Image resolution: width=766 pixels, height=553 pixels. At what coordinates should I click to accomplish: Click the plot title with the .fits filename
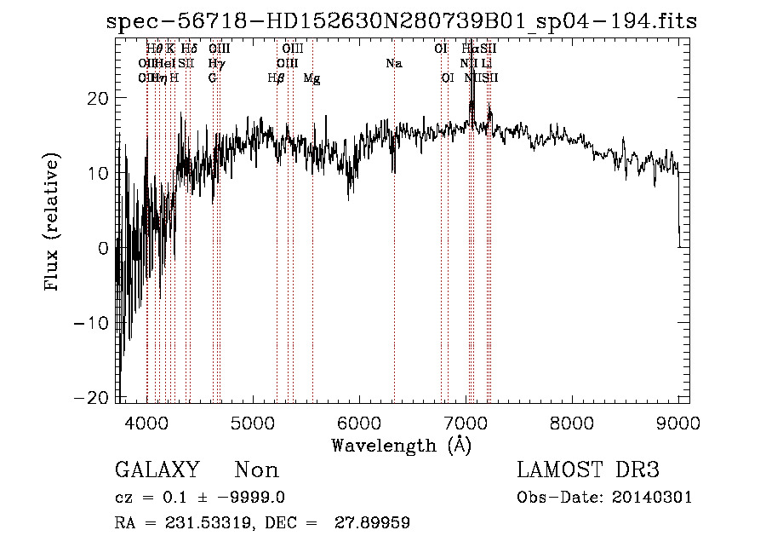pyautogui.click(x=402, y=22)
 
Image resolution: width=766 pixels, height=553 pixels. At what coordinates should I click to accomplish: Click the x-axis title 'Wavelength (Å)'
pyautogui.click(x=402, y=444)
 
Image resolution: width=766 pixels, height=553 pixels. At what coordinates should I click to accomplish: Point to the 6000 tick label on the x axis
pyautogui.click(x=359, y=421)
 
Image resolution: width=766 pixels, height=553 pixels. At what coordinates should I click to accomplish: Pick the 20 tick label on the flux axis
pyautogui.click(x=97, y=98)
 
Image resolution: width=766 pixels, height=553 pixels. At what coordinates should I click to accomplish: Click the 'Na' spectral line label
pyautogui.click(x=394, y=64)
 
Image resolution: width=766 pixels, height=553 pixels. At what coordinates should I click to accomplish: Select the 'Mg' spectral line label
pyautogui.click(x=312, y=78)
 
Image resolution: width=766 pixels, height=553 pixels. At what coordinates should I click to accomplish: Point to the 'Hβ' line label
pyautogui.click(x=276, y=78)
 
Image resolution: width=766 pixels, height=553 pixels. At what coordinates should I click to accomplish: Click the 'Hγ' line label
pyautogui.click(x=217, y=64)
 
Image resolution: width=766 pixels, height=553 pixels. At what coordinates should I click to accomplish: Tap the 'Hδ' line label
pyautogui.click(x=189, y=49)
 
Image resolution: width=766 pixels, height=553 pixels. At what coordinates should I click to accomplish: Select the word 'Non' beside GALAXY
pyautogui.click(x=256, y=470)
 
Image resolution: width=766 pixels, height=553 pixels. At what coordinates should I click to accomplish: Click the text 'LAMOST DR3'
pyautogui.click(x=588, y=470)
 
